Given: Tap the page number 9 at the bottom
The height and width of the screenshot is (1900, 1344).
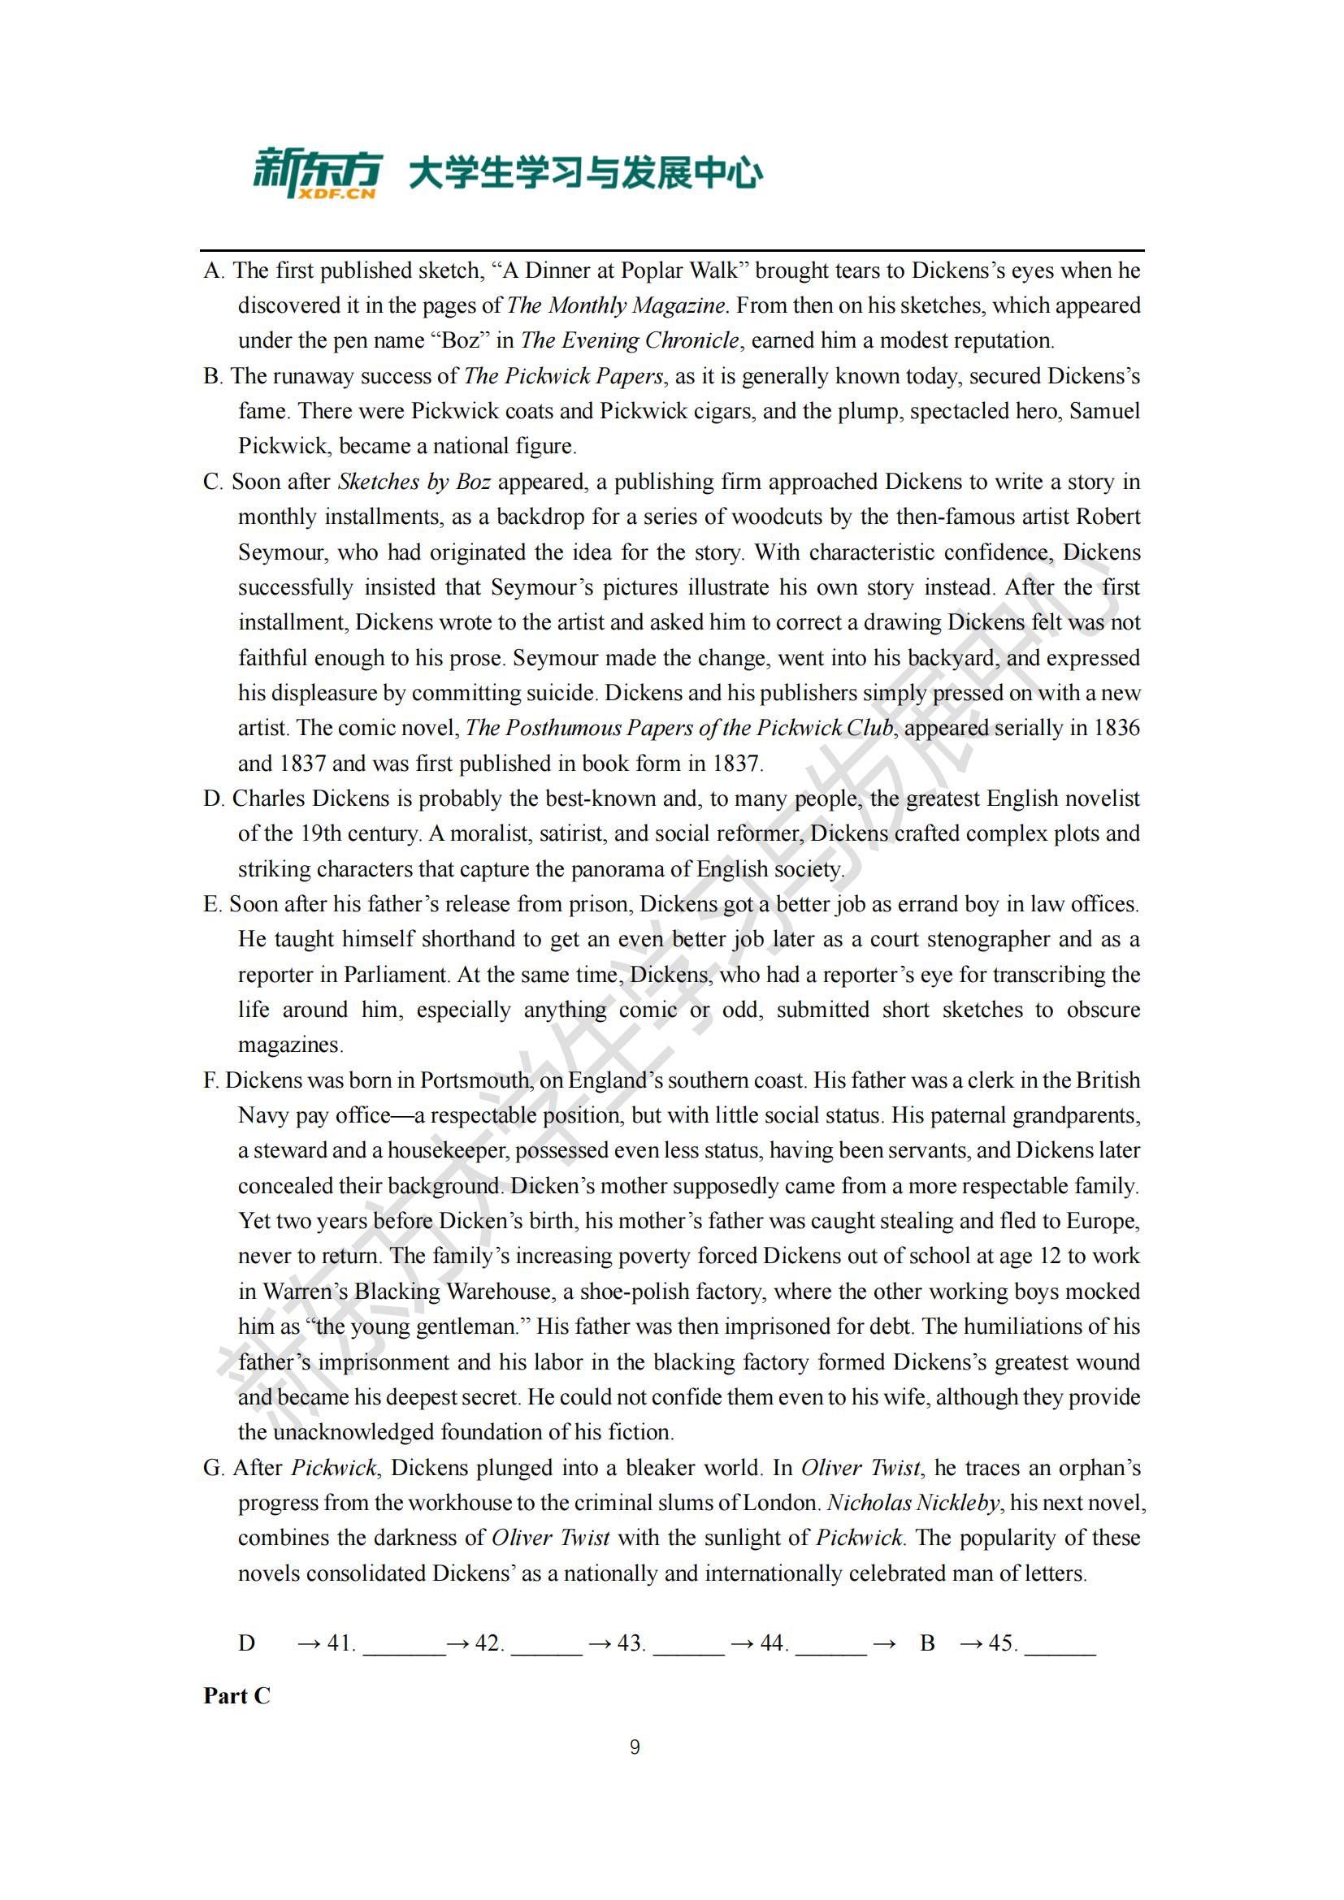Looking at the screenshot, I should coord(635,1746).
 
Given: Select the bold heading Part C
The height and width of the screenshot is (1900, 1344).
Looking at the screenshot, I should coord(236,1695).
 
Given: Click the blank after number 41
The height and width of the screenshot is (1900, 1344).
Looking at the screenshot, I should coord(404,1643).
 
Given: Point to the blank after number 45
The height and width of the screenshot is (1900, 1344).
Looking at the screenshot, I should coord(1060,1643).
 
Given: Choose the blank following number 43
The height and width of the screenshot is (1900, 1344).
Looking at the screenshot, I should coord(688,1643).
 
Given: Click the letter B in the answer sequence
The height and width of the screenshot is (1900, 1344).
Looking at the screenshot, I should coord(927,1642).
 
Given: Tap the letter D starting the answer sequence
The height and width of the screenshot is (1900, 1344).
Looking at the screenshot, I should coord(247,1642).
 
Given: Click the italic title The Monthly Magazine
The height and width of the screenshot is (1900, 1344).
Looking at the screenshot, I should coord(617,305).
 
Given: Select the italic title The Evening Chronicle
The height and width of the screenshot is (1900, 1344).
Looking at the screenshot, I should coord(630,340).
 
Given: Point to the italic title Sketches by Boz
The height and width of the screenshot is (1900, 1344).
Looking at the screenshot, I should coord(414,482).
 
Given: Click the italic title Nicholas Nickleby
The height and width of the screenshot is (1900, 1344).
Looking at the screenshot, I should coord(913,1503).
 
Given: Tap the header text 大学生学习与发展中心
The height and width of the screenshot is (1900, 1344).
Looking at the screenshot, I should coord(586,174).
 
